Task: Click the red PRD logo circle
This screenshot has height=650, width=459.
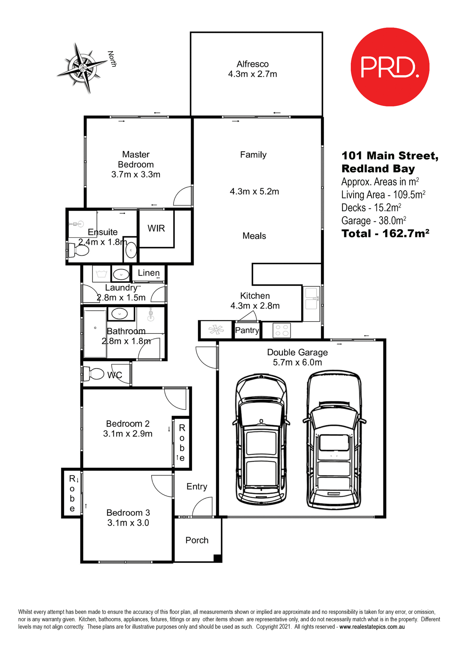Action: pyautogui.click(x=390, y=67)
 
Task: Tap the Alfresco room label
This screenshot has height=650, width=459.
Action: pyautogui.click(x=252, y=64)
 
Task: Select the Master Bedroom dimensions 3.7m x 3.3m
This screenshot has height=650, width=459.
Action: pyautogui.click(x=136, y=174)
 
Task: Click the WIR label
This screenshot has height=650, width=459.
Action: pyautogui.click(x=156, y=228)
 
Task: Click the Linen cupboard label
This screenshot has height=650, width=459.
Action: pyautogui.click(x=148, y=273)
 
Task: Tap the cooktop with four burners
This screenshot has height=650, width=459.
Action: pyautogui.click(x=281, y=330)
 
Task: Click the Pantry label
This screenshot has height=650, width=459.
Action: pyautogui.click(x=247, y=330)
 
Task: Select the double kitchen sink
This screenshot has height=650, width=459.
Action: pyautogui.click(x=311, y=299)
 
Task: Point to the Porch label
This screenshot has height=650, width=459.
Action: pyautogui.click(x=197, y=540)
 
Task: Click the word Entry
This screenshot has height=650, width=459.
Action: pyautogui.click(x=197, y=486)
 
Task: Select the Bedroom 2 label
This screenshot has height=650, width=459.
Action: pyautogui.click(x=128, y=424)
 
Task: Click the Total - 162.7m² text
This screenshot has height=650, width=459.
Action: pyautogui.click(x=385, y=234)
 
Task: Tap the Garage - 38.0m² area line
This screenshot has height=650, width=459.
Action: pyautogui.click(x=373, y=221)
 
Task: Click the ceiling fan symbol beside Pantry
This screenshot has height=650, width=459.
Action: pyautogui.click(x=216, y=330)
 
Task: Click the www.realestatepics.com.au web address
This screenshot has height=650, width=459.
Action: pyautogui.click(x=372, y=627)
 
